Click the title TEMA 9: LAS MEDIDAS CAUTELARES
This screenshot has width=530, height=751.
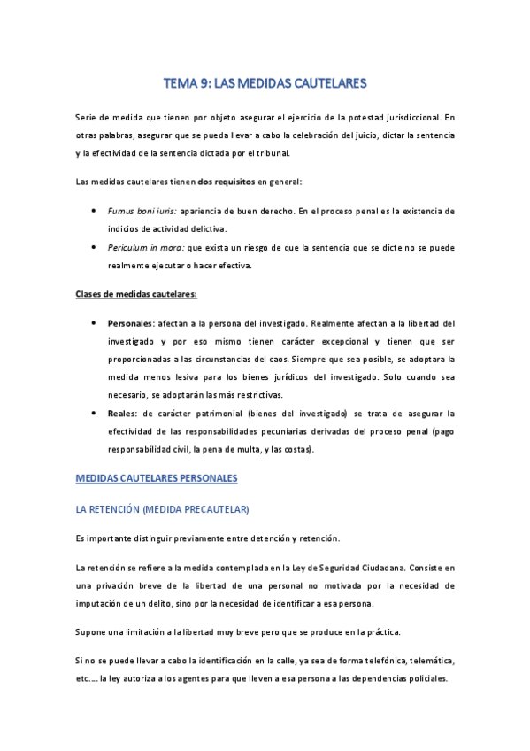click(x=265, y=83)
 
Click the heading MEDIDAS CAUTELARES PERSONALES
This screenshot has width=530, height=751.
click(x=157, y=478)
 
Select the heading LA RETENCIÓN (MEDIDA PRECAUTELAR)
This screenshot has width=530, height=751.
click(x=163, y=510)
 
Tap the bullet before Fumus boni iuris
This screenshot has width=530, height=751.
click(x=94, y=211)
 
